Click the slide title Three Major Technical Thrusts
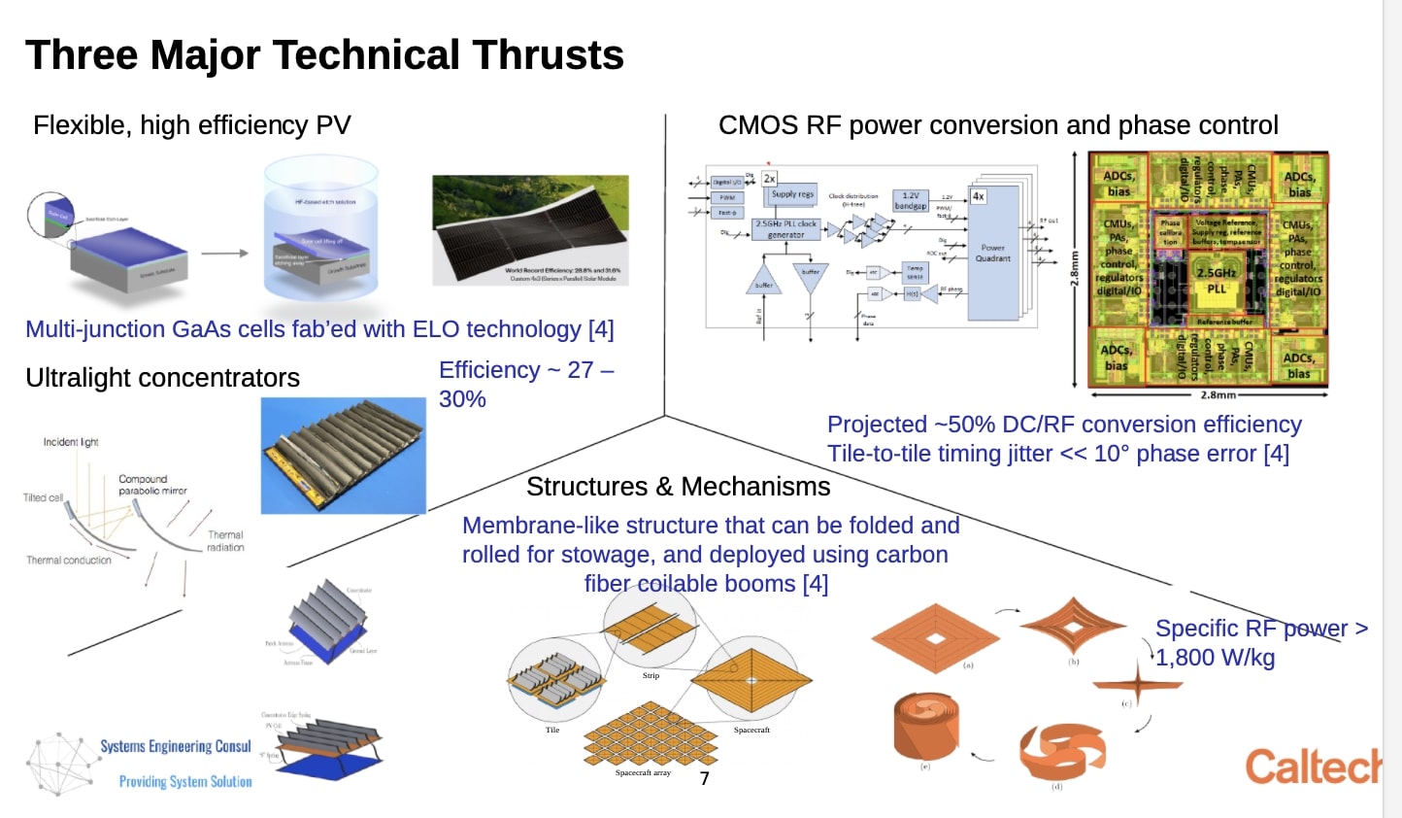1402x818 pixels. click(x=324, y=54)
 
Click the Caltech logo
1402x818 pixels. click(x=1313, y=767)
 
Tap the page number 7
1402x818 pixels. click(x=704, y=778)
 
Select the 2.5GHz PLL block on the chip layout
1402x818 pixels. click(x=1216, y=280)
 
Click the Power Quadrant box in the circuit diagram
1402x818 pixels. click(x=992, y=253)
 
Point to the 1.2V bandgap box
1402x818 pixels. click(x=910, y=201)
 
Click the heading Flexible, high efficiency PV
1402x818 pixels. click(x=191, y=125)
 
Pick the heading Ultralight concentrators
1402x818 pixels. click(x=162, y=378)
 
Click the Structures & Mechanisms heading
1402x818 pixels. click(x=678, y=487)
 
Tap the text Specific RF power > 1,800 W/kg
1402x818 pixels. click(x=1260, y=643)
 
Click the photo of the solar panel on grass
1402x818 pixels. click(x=530, y=230)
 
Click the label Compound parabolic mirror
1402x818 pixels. click(x=152, y=485)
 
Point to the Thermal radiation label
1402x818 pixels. click(x=225, y=541)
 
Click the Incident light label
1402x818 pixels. click(x=71, y=442)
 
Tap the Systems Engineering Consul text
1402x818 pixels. click(x=176, y=746)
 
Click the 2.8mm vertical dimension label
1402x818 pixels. click(x=1075, y=269)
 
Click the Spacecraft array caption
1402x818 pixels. click(x=643, y=773)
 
